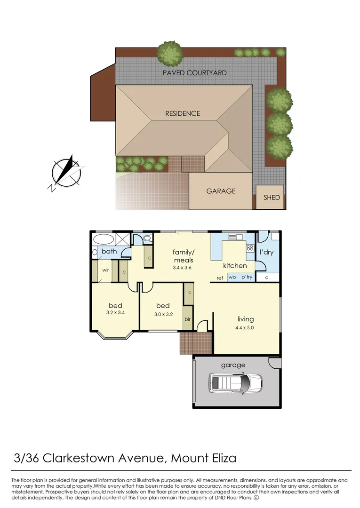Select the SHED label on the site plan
coord(272,198)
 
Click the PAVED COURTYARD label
coord(194,73)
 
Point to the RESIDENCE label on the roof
coord(182,113)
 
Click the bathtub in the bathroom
coord(104,239)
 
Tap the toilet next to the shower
coord(147,238)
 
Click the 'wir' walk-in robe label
coord(106,270)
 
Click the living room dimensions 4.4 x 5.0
coord(244,328)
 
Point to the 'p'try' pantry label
coord(247,278)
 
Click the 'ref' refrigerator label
coord(219,278)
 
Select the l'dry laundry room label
coord(266,252)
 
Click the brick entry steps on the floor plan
coord(195,343)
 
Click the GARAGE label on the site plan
coord(221,191)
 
